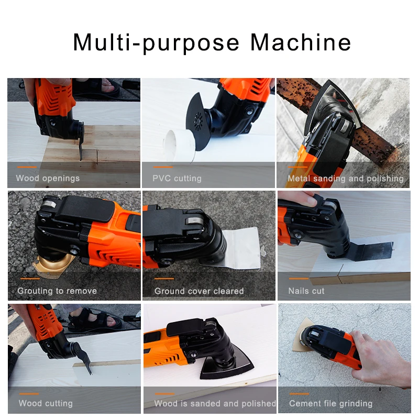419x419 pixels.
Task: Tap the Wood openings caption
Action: click(48, 178)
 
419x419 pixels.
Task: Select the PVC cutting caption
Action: click(177, 178)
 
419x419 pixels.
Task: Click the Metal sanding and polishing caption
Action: click(345, 178)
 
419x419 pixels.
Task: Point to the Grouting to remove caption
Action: click(57, 291)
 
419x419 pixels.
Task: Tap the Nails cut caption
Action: click(306, 291)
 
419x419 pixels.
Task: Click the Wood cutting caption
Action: click(46, 403)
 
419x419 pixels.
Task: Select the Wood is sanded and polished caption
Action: click(215, 403)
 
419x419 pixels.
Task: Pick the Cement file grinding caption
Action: click(330, 403)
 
